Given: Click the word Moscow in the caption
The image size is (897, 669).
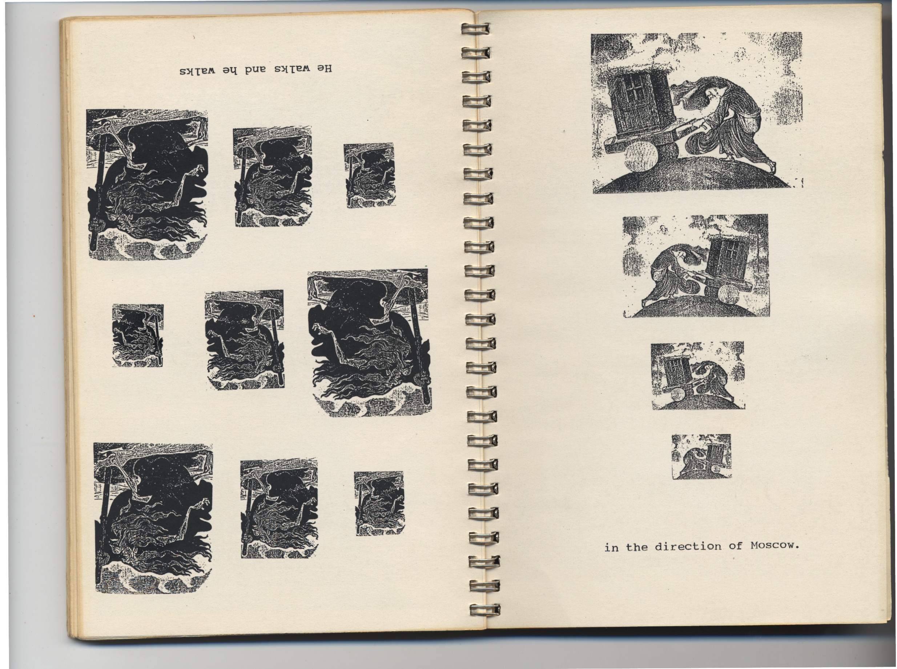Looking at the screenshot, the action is click(774, 545).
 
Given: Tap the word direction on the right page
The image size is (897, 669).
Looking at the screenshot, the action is click(688, 546).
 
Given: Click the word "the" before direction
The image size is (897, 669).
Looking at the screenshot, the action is click(636, 547).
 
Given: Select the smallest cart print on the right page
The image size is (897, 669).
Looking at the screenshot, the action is click(701, 457).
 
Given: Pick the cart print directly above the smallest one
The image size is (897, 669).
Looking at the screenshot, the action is click(698, 376).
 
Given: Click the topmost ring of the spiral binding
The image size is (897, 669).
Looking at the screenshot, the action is click(475, 28).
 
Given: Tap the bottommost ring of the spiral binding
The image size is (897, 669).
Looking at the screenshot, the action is click(484, 610).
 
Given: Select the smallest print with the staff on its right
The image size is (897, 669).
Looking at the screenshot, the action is click(138, 335).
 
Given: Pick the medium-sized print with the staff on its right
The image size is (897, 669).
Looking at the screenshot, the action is click(244, 339).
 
